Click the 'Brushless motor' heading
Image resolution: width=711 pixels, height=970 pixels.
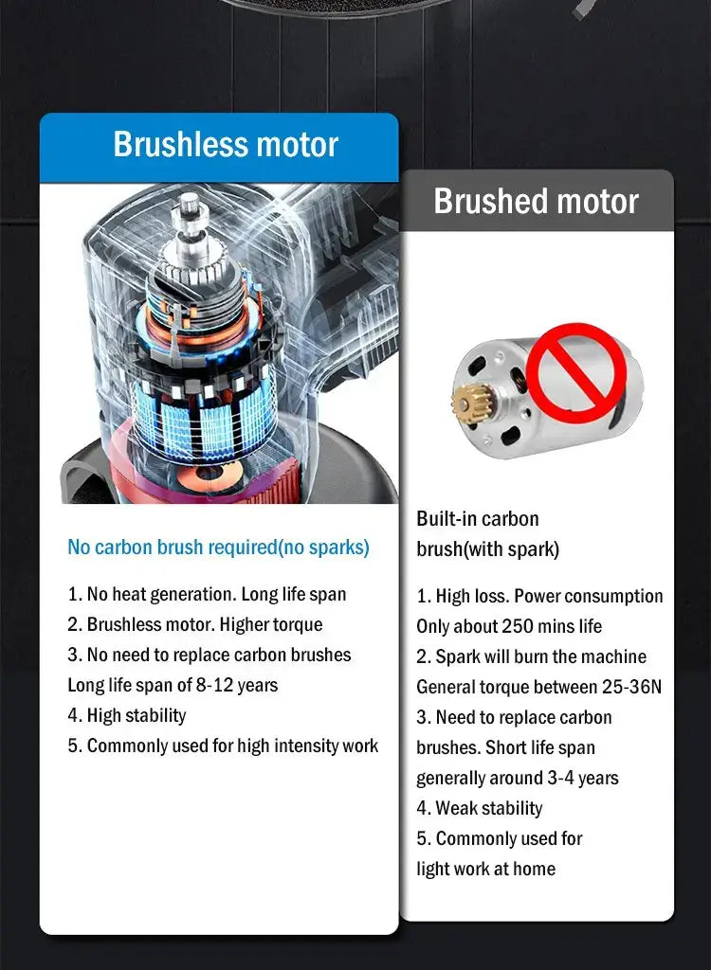tap(225, 145)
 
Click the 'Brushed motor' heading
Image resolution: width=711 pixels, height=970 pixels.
tap(536, 201)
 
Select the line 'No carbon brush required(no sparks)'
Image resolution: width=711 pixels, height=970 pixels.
tap(218, 548)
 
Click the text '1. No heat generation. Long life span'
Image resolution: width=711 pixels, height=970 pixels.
tap(207, 595)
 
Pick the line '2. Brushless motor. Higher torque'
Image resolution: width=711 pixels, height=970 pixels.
tap(195, 625)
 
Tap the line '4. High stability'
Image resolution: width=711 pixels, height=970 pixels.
tap(127, 715)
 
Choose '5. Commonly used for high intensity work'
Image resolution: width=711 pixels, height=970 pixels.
tap(223, 745)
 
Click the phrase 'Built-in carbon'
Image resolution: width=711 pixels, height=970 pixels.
tap(477, 519)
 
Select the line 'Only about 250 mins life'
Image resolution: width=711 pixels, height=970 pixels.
tap(509, 626)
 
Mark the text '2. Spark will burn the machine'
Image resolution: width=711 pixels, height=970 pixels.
tap(531, 656)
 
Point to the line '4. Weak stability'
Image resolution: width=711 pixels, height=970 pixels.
tap(480, 808)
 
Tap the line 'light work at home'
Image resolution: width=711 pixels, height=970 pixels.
tap(485, 869)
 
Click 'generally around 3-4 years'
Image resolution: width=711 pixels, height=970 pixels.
tap(517, 778)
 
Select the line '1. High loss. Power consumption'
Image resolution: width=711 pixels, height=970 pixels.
tap(539, 596)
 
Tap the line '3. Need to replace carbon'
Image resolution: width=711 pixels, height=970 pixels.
tap(514, 717)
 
